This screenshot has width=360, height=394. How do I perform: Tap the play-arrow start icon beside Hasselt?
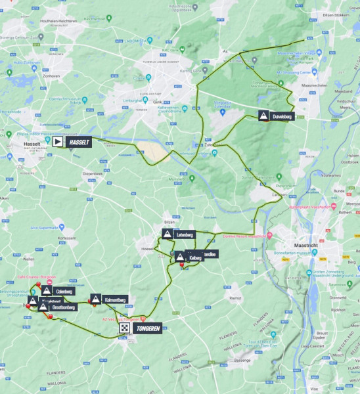[58, 141]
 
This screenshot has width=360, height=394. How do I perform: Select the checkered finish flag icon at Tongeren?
[124, 327]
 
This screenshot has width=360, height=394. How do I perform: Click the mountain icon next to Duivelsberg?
[263, 116]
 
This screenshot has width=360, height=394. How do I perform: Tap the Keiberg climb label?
[194, 259]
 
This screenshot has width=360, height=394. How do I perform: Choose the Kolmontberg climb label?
[115, 299]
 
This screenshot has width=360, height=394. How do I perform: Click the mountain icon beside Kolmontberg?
[96, 299]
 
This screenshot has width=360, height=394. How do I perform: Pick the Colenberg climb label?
[64, 291]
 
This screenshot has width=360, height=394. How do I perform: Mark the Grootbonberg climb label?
[64, 307]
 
